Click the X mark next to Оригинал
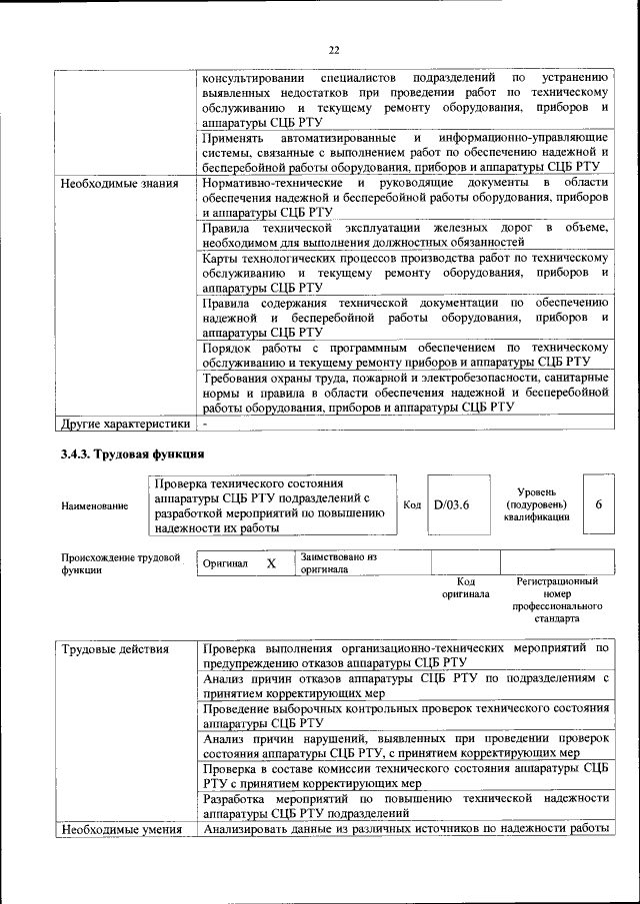click(x=270, y=563)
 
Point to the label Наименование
click(x=94, y=506)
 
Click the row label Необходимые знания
click(x=119, y=184)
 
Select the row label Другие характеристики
click(x=125, y=424)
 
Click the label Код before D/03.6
click(x=411, y=504)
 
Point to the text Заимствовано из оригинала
click(x=338, y=563)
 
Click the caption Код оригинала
click(x=465, y=587)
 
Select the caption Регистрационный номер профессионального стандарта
click(x=557, y=599)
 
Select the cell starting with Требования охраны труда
click(x=405, y=393)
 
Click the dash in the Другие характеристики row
click(x=204, y=424)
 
